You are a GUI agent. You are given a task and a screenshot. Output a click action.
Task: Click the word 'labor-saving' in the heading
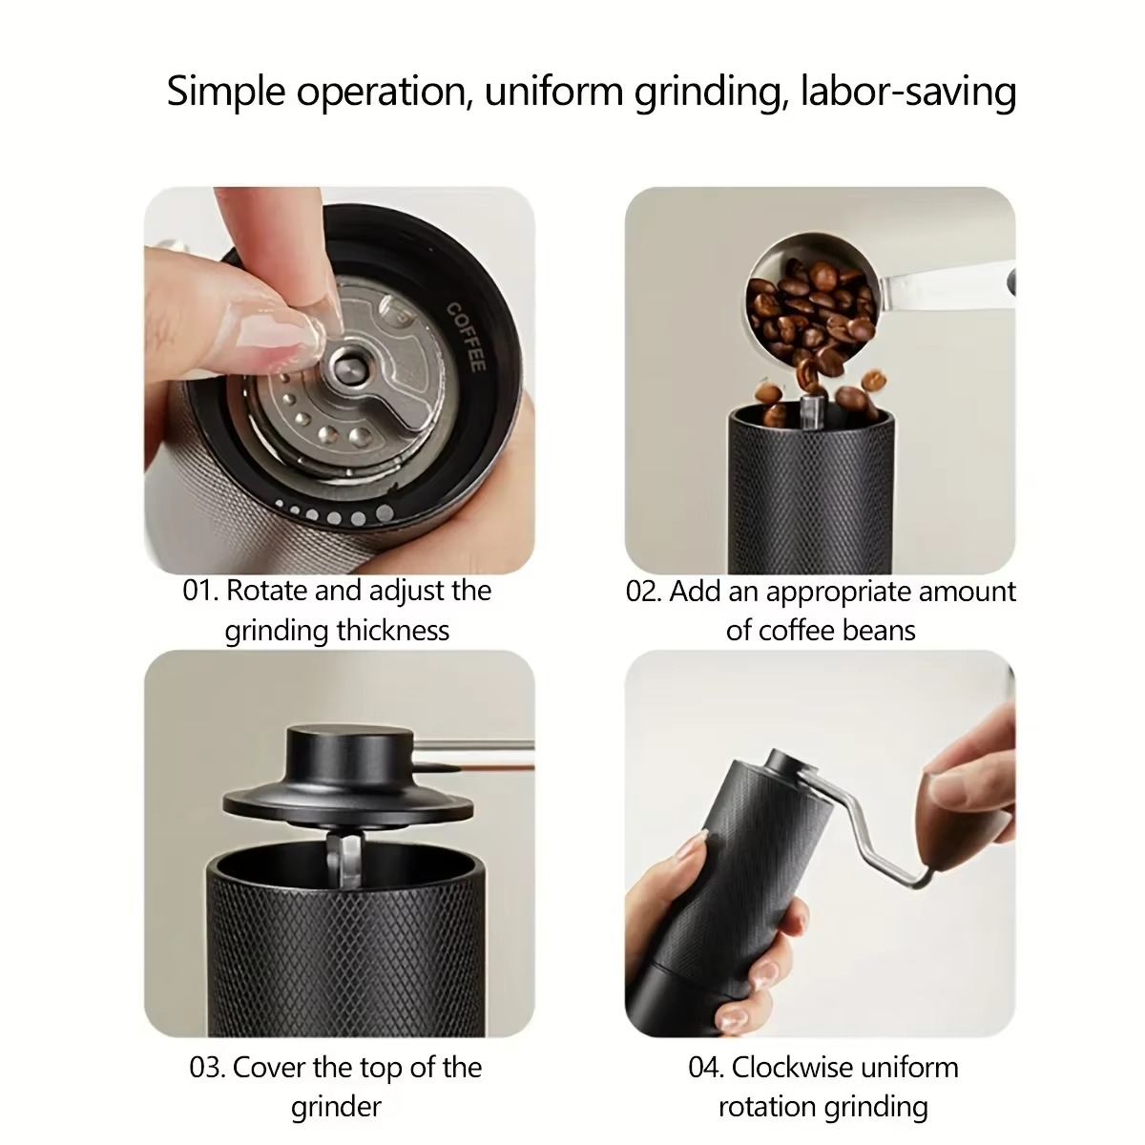pos(907,93)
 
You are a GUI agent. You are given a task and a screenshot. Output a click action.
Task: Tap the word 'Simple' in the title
pos(225,93)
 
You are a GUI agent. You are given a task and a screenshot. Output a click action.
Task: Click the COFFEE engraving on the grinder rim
pos(467,337)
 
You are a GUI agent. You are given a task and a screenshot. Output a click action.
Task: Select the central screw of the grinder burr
pos(345,366)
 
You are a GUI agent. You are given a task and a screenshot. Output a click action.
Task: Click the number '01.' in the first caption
pos(199,591)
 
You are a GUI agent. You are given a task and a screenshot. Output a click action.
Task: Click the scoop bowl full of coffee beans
pos(811,305)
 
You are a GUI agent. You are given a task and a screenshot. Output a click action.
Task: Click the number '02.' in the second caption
pos(643,592)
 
